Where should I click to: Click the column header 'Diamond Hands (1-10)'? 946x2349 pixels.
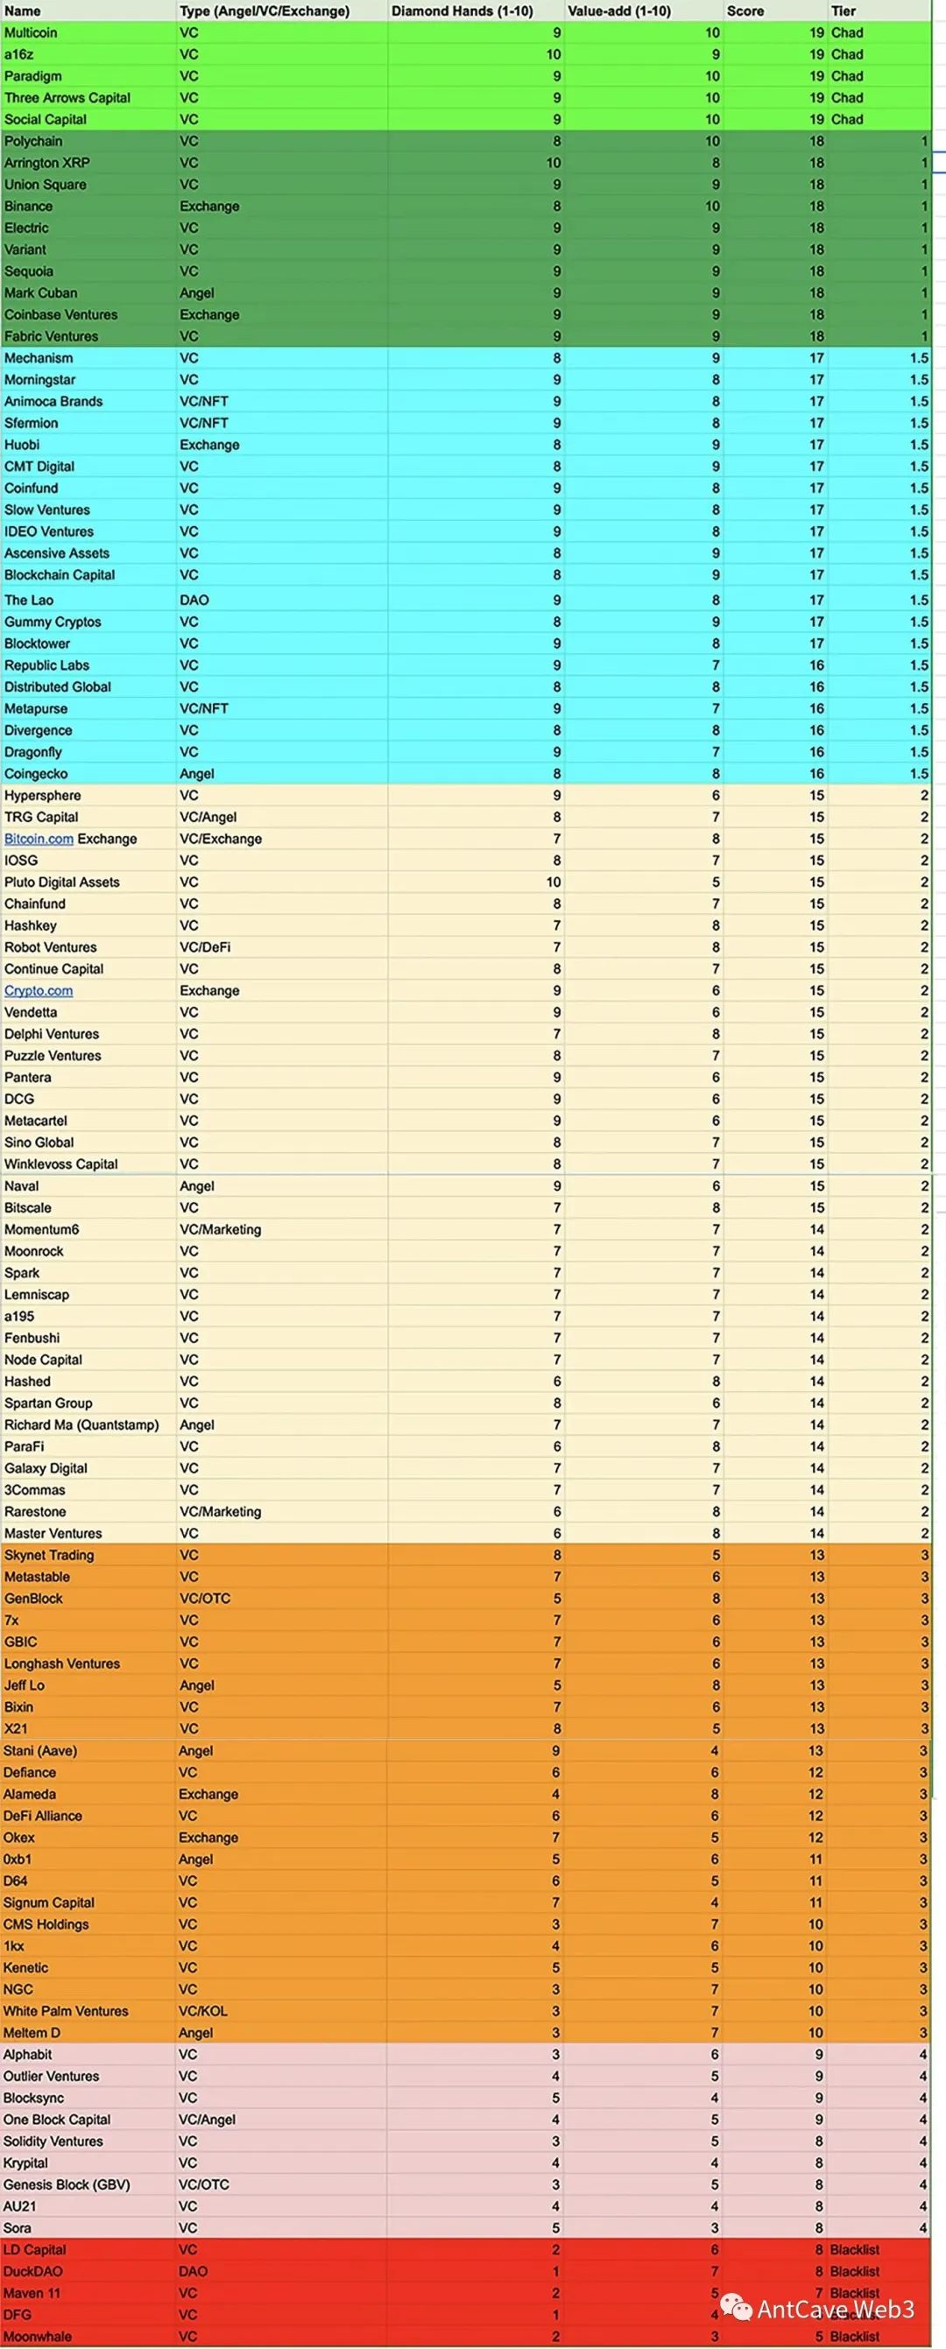pyautogui.click(x=462, y=11)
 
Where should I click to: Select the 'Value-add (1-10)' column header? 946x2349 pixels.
pyautogui.click(x=618, y=11)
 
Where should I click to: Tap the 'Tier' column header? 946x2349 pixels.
pyautogui.click(x=843, y=11)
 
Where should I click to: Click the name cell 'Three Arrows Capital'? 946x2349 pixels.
pyautogui.click(x=67, y=97)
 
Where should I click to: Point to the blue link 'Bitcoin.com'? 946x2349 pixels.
pyautogui.click(x=39, y=839)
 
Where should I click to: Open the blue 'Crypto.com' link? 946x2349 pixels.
pyautogui.click(x=39, y=991)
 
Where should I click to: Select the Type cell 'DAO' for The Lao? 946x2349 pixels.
pyautogui.click(x=194, y=600)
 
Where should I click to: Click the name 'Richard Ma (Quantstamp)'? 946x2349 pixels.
pyautogui.click(x=81, y=1425)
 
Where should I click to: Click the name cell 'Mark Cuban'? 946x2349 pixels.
pyautogui.click(x=40, y=292)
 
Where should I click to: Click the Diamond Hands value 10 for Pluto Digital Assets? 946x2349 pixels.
pyautogui.click(x=553, y=883)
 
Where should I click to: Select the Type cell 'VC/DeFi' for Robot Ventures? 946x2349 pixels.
pyautogui.click(x=205, y=947)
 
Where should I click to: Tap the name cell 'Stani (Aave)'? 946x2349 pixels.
pyautogui.click(x=39, y=1751)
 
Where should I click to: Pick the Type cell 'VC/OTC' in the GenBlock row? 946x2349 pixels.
pyautogui.click(x=205, y=1599)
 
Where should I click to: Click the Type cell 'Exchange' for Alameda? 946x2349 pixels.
pyautogui.click(x=208, y=1795)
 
